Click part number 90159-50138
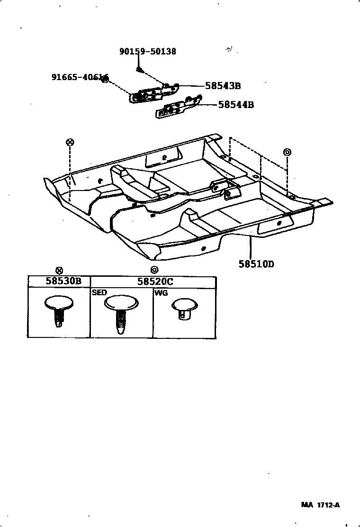pos(147,51)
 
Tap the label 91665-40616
pos(80,77)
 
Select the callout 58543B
pos(223,86)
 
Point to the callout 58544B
pos(236,105)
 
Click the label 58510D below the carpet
pos(256,264)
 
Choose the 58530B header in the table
pos(63,281)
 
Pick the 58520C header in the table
pos(155,282)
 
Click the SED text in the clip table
pos(99,293)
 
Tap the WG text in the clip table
pos(161,293)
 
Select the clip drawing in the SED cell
pos(121,313)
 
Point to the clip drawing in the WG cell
pos(184,309)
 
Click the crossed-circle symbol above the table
pos(59,271)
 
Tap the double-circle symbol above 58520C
pos(153,271)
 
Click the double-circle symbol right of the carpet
pos(287,152)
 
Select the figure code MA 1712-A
pos(320,505)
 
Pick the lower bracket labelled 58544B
pos(178,108)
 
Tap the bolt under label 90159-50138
pos(137,70)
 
